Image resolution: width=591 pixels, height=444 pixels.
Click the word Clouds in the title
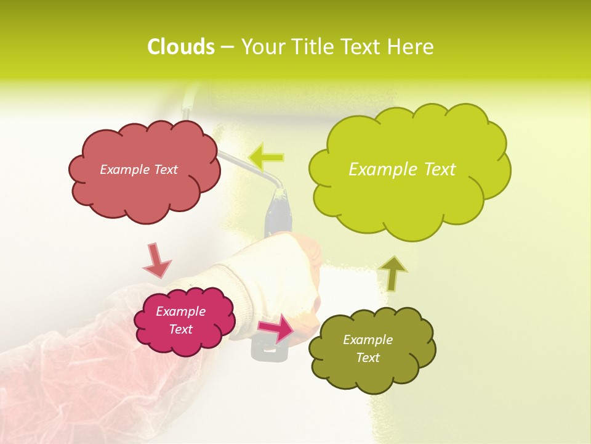pos(180,47)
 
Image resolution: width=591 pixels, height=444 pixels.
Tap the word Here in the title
pos(411,47)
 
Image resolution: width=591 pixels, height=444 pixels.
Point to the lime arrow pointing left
pos(267,157)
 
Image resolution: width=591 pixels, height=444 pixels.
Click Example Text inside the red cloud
pos(139,170)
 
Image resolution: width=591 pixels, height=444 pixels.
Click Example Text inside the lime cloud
pos(402,170)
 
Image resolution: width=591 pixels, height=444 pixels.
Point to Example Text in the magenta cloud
pos(181,320)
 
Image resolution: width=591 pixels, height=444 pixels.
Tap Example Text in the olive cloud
pos(368,348)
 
